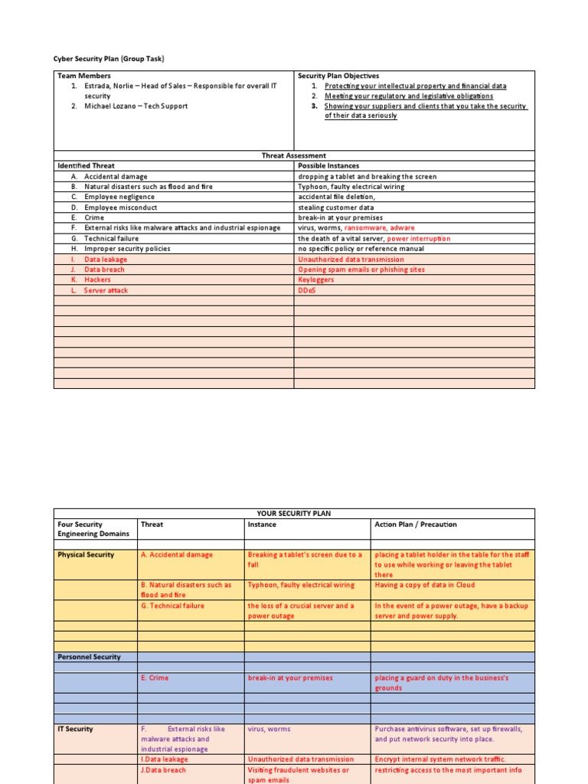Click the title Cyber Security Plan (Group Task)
point(109,59)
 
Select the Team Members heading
point(84,76)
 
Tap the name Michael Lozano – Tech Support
point(136,106)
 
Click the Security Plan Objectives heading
point(338,76)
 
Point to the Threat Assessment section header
point(294,155)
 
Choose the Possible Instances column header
point(328,165)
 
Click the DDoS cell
point(306,290)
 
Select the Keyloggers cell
point(316,280)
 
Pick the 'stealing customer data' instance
point(335,207)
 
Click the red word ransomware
point(366,228)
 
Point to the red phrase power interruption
point(419,239)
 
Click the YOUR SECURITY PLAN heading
point(294,514)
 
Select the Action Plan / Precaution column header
point(415,524)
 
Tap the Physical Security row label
point(86,555)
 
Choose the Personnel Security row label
point(89,657)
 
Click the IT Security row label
point(75,730)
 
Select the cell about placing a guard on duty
point(441,683)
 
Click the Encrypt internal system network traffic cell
point(440,759)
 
